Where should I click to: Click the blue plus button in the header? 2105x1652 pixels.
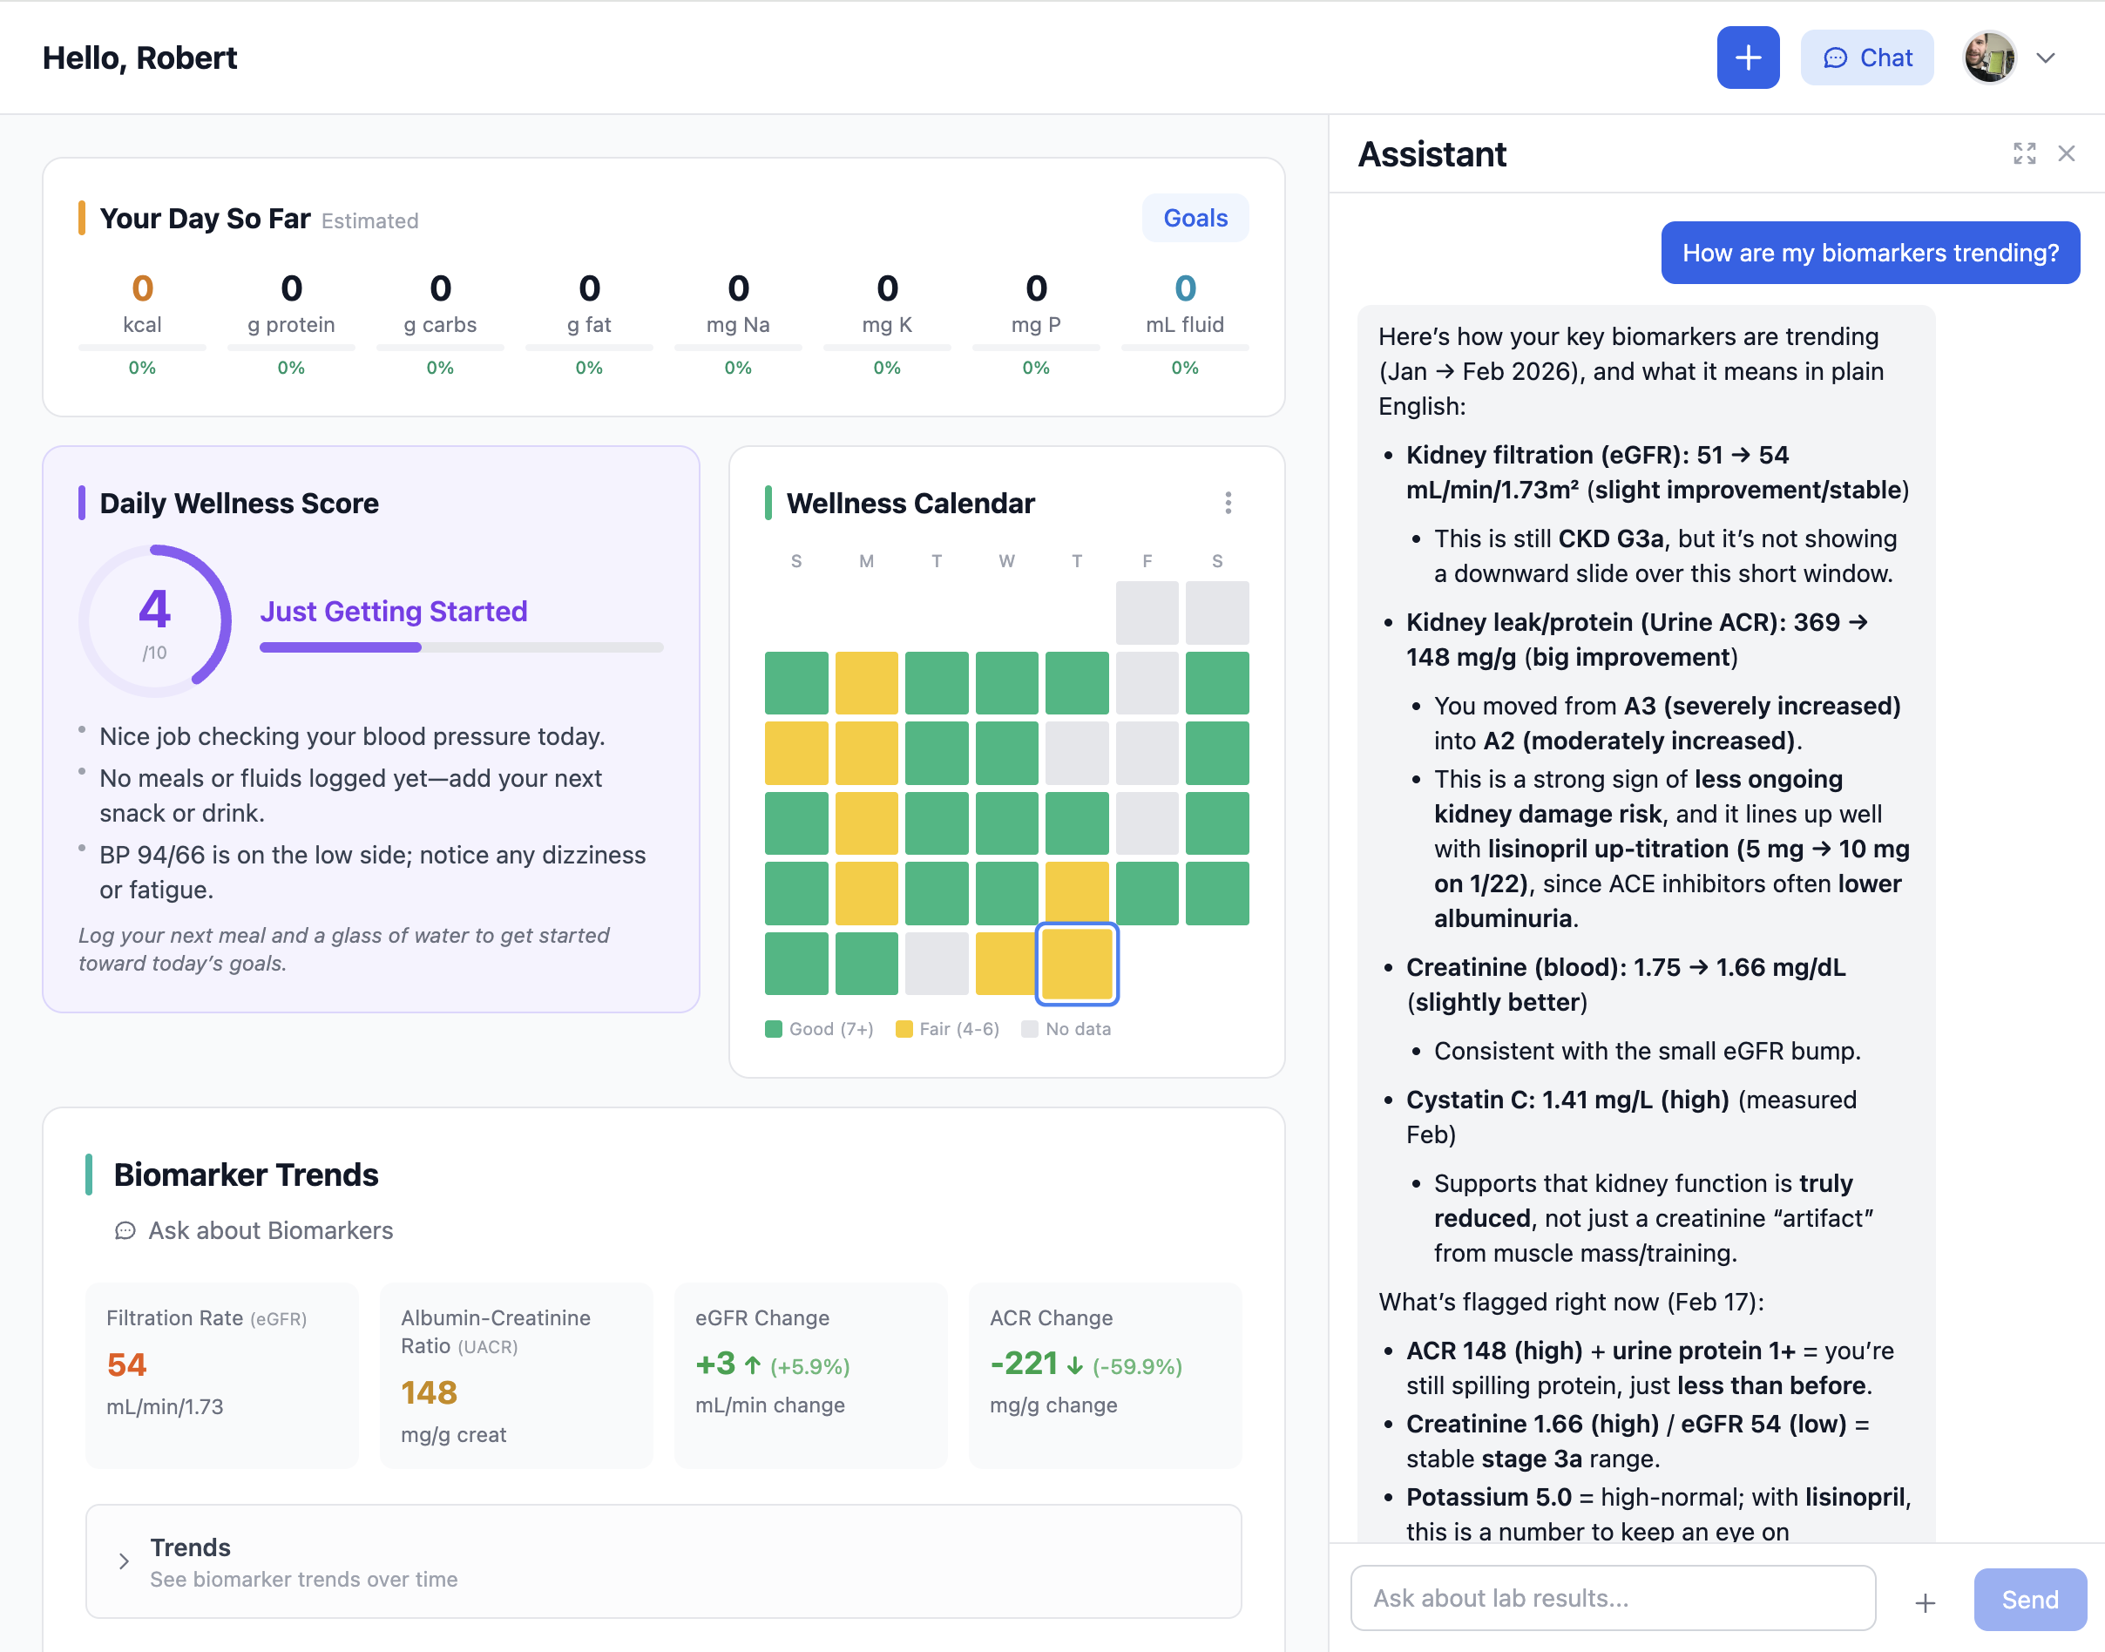1747,58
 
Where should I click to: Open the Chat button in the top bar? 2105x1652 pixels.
1866,58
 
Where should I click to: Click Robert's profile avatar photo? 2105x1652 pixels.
1989,58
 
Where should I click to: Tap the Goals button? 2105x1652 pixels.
1195,219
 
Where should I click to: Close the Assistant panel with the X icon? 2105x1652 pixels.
2067,154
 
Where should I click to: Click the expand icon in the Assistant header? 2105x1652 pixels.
2024,154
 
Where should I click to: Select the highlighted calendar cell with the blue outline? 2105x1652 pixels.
1076,964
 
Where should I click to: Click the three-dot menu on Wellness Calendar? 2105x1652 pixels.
1228,503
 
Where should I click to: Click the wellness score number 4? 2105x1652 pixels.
155,609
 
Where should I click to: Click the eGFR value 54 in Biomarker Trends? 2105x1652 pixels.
126,1364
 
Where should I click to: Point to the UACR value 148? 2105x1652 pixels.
429,1393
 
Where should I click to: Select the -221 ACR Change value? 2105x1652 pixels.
1023,1364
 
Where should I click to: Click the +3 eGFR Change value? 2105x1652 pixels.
715,1364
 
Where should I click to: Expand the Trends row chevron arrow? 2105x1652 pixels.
124,1561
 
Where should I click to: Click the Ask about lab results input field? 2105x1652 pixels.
1612,1599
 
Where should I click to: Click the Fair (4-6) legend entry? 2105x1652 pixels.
948,1029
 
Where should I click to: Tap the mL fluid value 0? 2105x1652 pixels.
1184,288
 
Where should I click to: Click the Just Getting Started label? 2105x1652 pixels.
394,612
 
